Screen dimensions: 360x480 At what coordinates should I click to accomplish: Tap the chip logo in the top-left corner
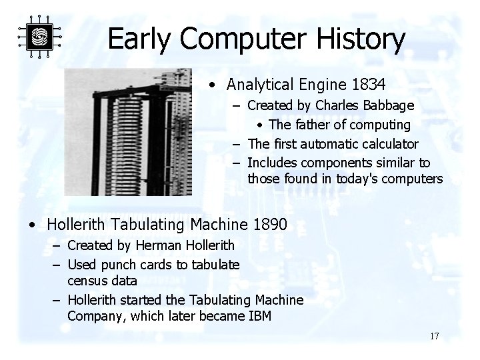pos(39,37)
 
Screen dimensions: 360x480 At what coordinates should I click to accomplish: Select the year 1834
pos(367,85)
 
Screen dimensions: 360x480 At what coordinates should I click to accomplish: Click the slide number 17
pos(434,336)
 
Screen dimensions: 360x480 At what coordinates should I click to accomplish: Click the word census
pos(87,281)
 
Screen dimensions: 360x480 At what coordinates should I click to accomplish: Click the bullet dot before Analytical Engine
pos(211,85)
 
